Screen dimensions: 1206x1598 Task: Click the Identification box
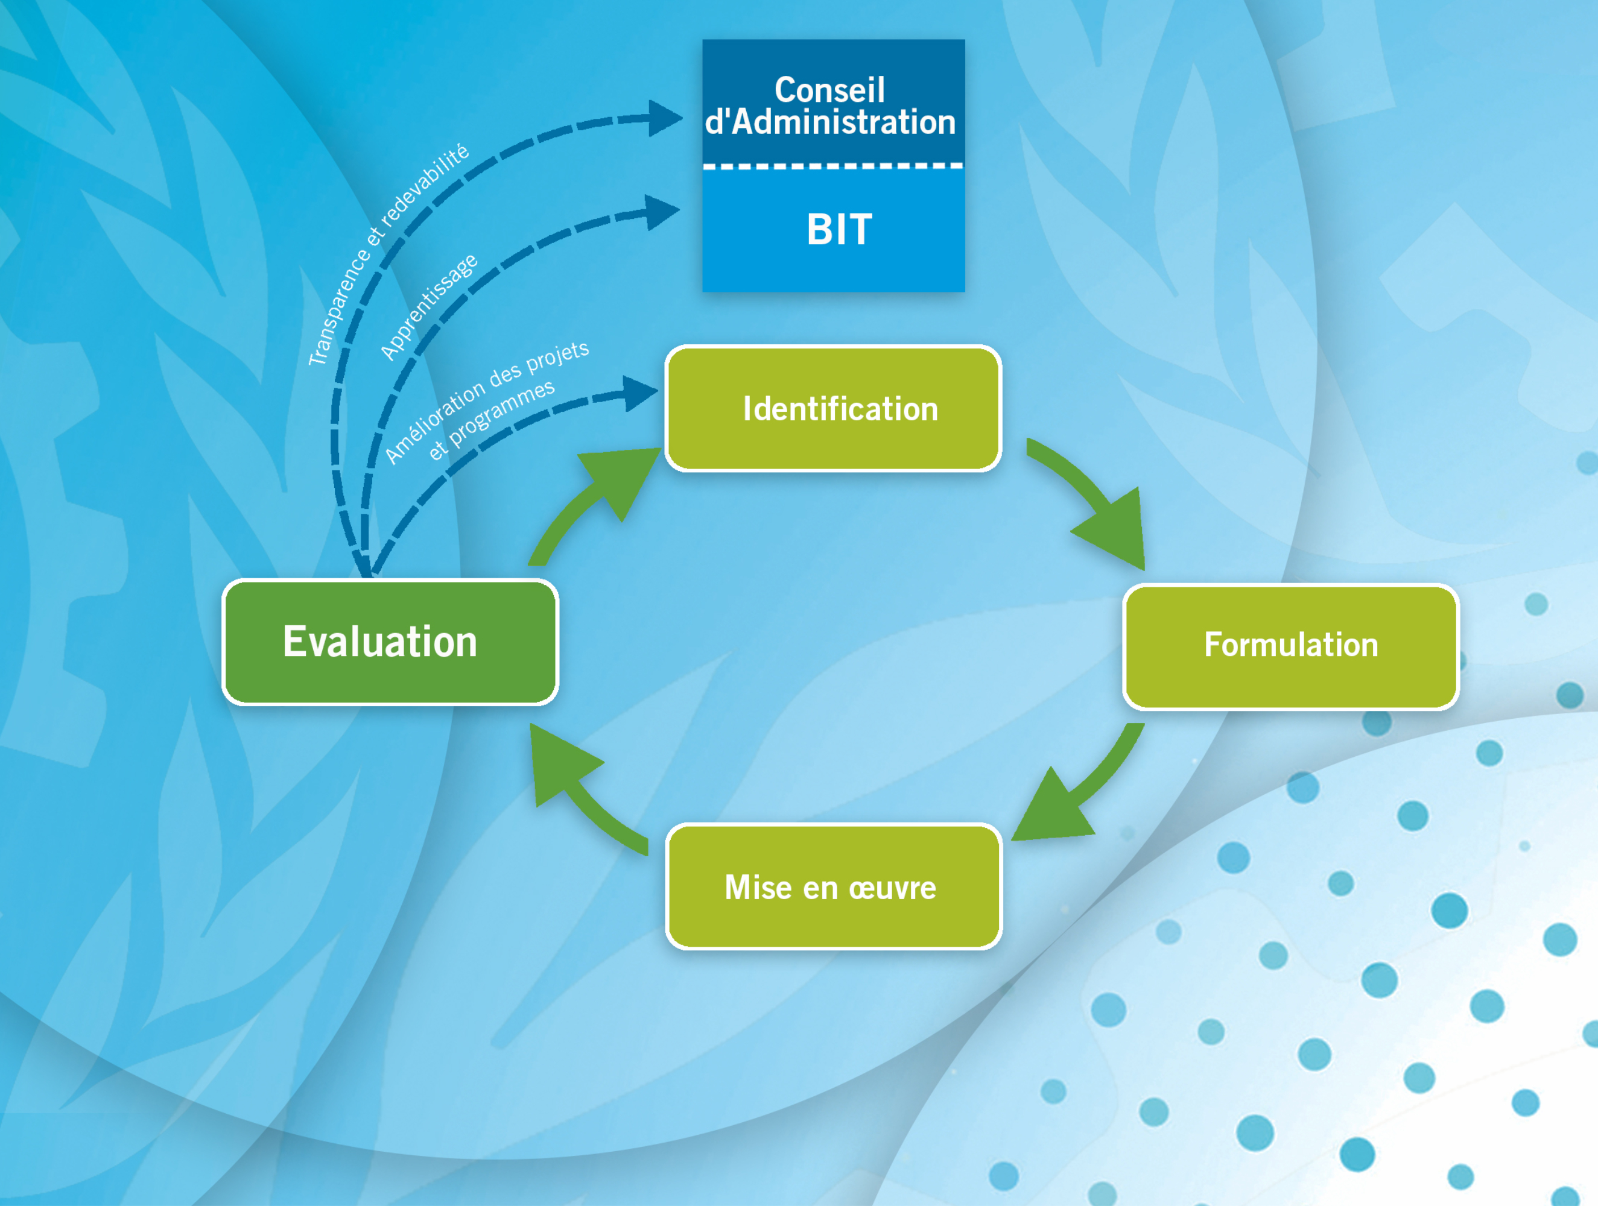[833, 409]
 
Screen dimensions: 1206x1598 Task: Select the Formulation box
[1290, 646]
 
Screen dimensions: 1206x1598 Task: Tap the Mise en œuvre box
[833, 887]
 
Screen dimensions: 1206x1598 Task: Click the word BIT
[839, 230]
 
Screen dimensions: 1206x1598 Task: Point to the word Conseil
[829, 90]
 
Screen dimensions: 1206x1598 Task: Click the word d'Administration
[830, 122]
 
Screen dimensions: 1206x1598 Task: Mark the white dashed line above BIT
[833, 166]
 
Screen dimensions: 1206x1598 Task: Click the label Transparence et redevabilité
[388, 255]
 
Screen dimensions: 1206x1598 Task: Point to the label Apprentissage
[429, 306]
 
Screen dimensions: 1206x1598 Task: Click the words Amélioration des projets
[487, 401]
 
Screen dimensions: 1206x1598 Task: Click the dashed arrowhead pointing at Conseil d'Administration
[663, 118]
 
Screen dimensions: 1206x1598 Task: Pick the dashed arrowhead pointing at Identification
[639, 394]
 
